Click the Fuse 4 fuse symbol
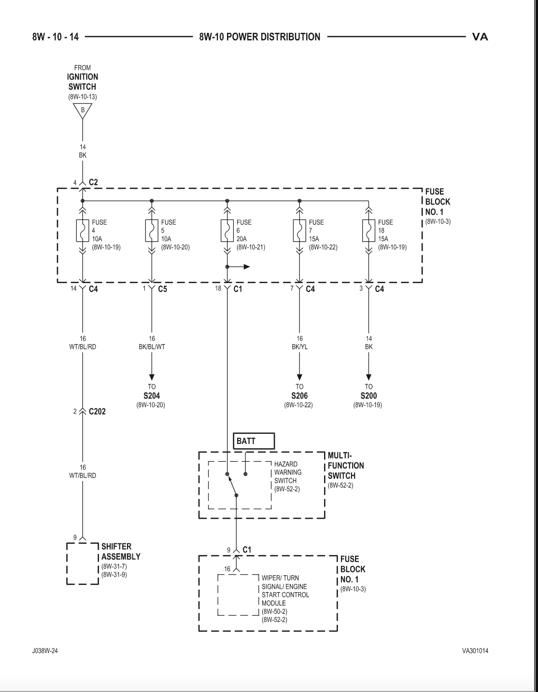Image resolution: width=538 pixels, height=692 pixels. (83, 231)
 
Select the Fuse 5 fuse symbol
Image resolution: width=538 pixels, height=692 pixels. (152, 231)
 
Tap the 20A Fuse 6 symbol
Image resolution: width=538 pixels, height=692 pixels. (227, 231)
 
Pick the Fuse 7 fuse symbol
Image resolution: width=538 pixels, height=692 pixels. (299, 231)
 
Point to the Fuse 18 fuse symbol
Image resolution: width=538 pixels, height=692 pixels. (369, 231)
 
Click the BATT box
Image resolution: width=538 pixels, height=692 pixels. (254, 441)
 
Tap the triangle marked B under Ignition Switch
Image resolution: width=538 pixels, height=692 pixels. (83, 111)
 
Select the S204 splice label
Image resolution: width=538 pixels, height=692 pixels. (152, 396)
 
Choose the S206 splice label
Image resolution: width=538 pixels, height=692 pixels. (299, 396)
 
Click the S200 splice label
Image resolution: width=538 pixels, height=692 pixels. (369, 396)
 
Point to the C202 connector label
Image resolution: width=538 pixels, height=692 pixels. (97, 412)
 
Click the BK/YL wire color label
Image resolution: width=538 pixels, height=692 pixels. (299, 347)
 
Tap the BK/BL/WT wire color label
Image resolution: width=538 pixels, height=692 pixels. (152, 347)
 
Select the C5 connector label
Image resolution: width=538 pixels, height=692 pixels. (163, 289)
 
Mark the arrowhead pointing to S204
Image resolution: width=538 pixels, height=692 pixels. (152, 377)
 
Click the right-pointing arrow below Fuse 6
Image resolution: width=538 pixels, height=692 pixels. (239, 266)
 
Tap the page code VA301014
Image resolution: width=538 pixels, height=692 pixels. (475, 651)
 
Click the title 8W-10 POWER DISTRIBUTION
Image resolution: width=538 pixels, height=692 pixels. (260, 37)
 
